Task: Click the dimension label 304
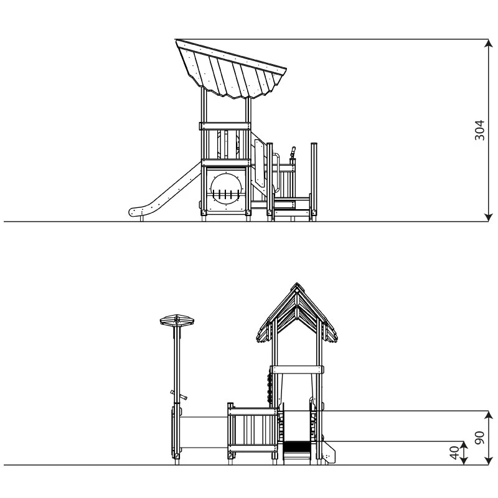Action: [x=479, y=130]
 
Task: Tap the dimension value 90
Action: [x=479, y=438]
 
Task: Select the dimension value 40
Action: [x=455, y=453]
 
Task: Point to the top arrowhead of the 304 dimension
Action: [x=489, y=44]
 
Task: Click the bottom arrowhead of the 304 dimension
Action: [x=489, y=217]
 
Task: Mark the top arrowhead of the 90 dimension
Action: [x=489, y=415]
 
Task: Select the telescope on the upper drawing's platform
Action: [x=292, y=153]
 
